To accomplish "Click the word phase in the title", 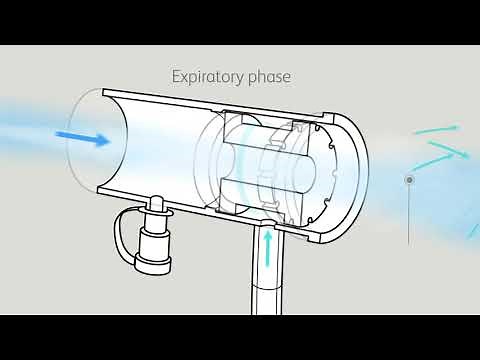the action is click(x=265, y=76).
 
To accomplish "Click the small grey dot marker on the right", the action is click(x=409, y=180).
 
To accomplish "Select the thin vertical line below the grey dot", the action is click(x=409, y=215).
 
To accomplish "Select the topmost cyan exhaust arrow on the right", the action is click(x=440, y=131).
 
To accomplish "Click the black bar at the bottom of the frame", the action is click(x=240, y=337).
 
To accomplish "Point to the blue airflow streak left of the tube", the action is click(x=30, y=125).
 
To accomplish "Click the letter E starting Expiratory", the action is click(x=176, y=76).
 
